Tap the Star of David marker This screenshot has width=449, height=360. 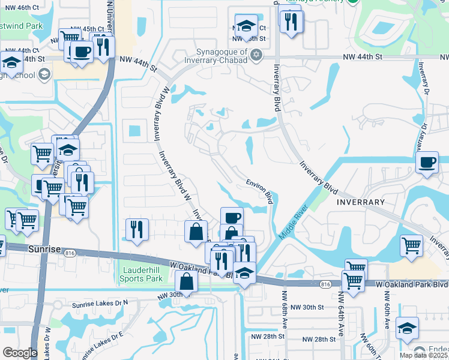coord(256,56)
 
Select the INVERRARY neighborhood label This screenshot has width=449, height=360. coord(360,202)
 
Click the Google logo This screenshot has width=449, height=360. coord(20,352)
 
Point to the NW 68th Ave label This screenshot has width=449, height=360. coord(284,318)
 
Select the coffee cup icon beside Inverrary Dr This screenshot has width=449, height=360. coord(427,163)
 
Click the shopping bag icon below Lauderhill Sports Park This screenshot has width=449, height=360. coord(187,281)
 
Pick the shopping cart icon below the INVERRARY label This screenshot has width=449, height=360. coord(411,245)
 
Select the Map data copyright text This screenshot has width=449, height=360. coord(424,355)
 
